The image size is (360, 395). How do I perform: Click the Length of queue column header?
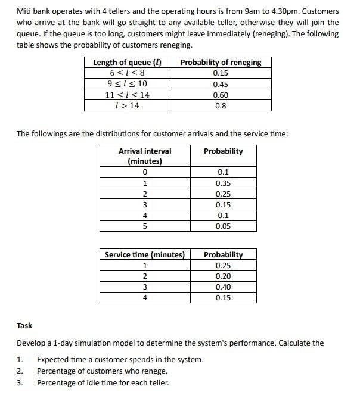click(x=127, y=63)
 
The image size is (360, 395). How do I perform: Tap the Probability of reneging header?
click(x=221, y=63)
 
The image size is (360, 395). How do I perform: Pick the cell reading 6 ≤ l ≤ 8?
click(x=127, y=73)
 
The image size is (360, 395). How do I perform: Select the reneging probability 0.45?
click(x=221, y=85)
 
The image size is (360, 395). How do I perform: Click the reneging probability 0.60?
click(x=221, y=95)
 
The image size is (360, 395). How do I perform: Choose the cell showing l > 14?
click(x=127, y=106)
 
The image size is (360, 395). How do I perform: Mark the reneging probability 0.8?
click(x=221, y=106)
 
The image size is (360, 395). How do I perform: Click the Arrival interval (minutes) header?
click(x=145, y=156)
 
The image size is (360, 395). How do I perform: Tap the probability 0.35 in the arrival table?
click(x=223, y=183)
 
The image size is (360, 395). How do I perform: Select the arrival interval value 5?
click(x=145, y=227)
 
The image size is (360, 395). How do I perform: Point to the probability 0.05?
click(x=223, y=227)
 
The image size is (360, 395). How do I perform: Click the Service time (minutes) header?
click(x=145, y=255)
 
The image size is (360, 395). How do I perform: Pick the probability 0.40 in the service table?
click(x=223, y=287)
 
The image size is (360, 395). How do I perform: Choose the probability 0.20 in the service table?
click(x=223, y=276)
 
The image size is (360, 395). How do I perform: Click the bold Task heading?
click(x=24, y=326)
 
